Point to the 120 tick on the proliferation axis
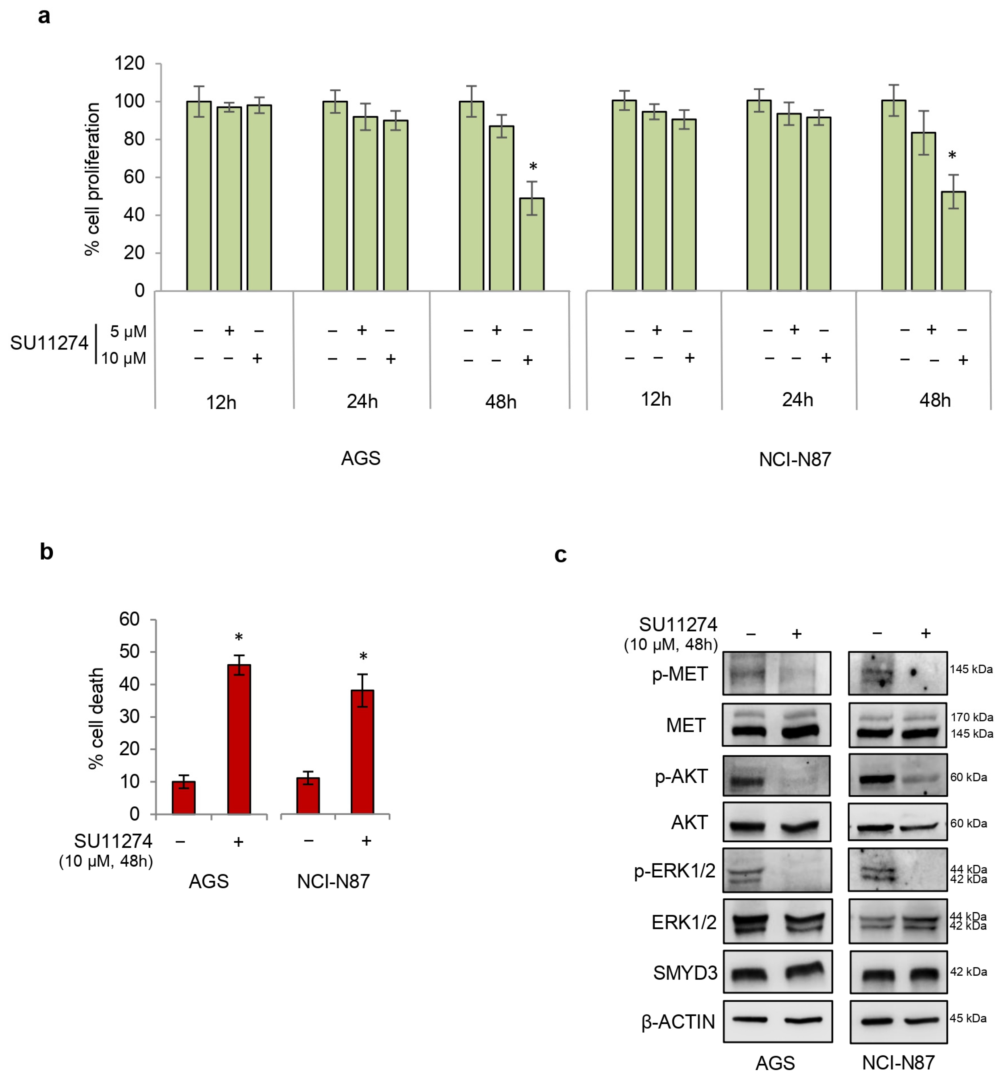(129, 63)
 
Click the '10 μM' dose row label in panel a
(124, 359)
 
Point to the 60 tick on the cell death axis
(129, 619)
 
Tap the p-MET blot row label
(680, 674)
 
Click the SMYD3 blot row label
(685, 972)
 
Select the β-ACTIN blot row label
(678, 1022)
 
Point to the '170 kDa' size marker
(971, 717)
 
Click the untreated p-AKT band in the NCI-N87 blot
(876, 779)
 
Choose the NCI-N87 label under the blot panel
(898, 1062)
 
